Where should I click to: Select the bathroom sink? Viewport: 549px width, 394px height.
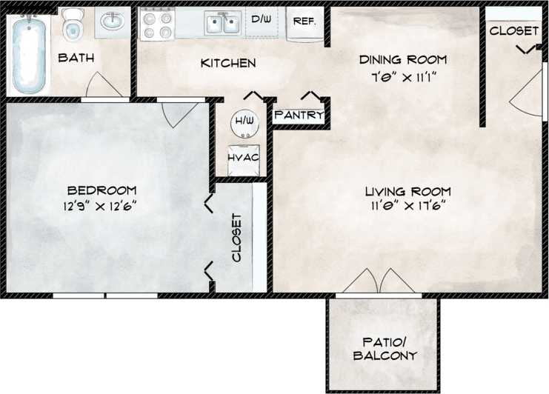tap(112, 22)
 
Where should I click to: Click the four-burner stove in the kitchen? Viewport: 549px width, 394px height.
tap(156, 25)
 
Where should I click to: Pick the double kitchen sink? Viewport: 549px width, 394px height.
tap(223, 24)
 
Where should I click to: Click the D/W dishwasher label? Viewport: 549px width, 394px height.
tap(261, 19)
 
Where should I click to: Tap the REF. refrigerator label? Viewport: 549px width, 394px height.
tap(305, 21)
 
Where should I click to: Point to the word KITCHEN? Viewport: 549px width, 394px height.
tap(228, 63)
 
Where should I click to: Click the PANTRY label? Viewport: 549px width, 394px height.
tap(299, 116)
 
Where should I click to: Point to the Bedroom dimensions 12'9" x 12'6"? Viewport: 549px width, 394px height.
tap(100, 206)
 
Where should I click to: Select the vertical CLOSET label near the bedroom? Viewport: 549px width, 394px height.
tap(237, 238)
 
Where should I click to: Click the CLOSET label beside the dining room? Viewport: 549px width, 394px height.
tap(514, 31)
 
